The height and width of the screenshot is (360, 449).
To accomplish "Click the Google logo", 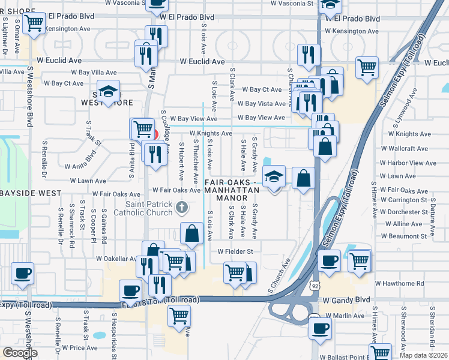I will (x=20, y=353).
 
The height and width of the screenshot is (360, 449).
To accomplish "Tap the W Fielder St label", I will (x=235, y=251).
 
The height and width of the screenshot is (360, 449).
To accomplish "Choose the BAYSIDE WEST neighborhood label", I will (x=31, y=193).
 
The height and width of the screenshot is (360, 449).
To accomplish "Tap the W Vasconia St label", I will (x=291, y=4).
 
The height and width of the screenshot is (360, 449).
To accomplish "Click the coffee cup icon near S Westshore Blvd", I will (x=22, y=273).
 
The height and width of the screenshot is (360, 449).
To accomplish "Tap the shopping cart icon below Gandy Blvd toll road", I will (x=179, y=315).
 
